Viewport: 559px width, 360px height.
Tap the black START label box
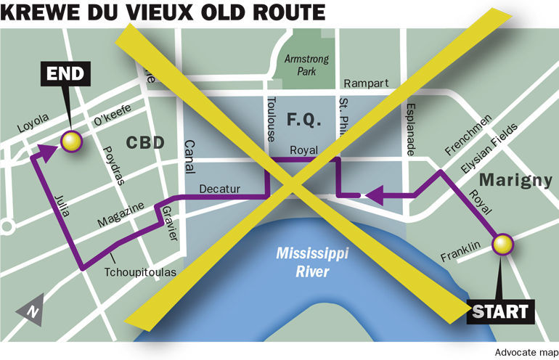pos(499,312)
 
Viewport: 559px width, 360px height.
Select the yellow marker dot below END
pos(70,142)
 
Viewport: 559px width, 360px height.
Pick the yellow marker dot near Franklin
pos(502,245)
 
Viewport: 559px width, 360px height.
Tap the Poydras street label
pos(107,147)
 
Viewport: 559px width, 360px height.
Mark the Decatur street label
pos(219,189)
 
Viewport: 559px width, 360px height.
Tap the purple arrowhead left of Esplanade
pos(373,194)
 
